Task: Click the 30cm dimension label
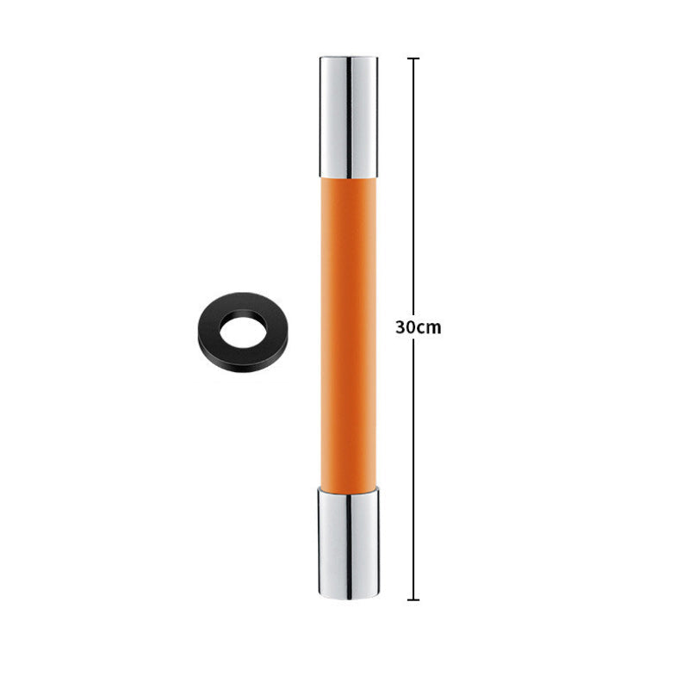point(418,328)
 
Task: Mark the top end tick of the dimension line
point(414,59)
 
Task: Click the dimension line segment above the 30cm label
point(414,189)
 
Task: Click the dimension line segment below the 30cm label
point(414,465)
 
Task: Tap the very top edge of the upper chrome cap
point(348,58)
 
